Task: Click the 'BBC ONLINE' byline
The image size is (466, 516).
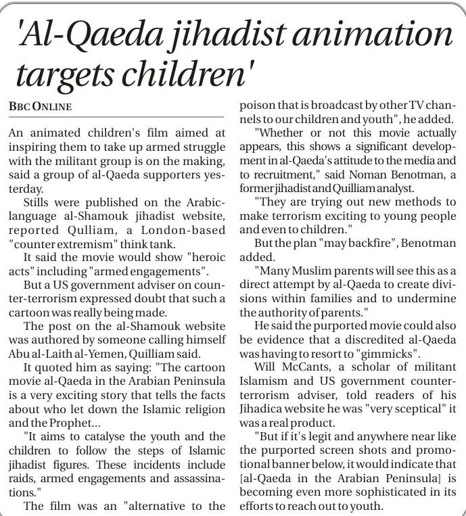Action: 41,107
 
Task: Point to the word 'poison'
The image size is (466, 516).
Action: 258,105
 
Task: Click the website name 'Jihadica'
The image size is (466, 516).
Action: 269,410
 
